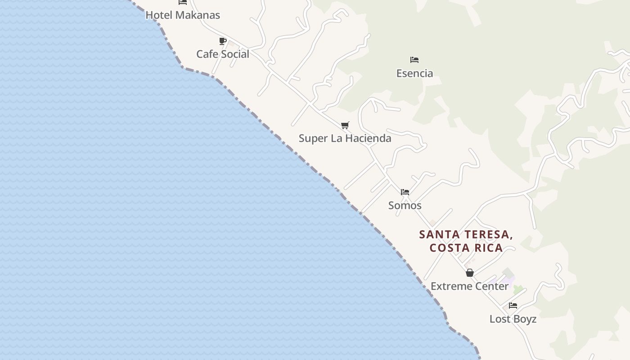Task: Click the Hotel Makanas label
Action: pos(183,15)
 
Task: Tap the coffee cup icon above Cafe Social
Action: pos(223,41)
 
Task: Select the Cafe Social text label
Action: pos(223,54)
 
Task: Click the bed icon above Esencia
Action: pos(414,60)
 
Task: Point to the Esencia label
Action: pos(414,73)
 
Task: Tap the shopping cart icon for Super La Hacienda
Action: pos(345,125)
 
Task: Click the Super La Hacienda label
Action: pos(345,138)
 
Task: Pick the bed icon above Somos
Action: pos(405,192)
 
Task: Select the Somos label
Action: pos(405,205)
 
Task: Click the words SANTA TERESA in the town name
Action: pos(466,234)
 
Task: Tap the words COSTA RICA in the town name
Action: pos(466,248)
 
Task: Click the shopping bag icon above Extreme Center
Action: pos(470,273)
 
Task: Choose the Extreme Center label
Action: pos(470,286)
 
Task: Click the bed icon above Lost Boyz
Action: pos(513,306)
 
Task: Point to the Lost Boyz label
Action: pos(513,319)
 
